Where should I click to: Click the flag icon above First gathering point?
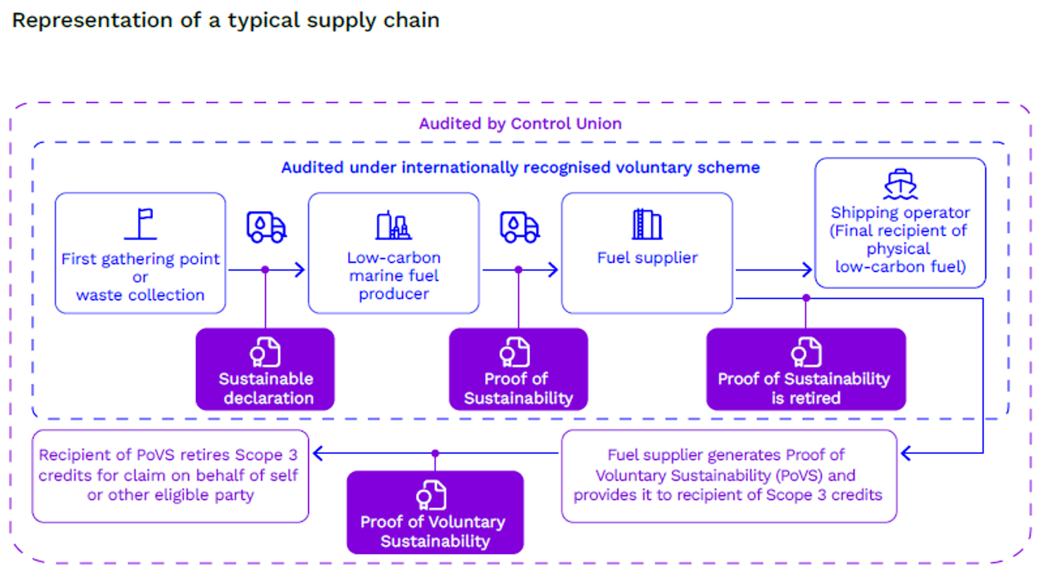click(140, 224)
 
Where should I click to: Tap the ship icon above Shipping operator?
click(900, 185)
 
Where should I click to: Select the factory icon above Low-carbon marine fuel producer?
click(393, 225)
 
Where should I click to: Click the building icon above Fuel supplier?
click(646, 224)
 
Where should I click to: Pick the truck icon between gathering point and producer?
click(266, 226)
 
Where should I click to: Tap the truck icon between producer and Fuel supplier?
click(520, 226)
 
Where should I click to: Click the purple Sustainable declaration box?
click(265, 369)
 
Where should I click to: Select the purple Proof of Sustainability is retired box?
click(806, 369)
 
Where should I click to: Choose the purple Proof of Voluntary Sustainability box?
click(435, 512)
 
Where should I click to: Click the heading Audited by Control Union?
click(520, 123)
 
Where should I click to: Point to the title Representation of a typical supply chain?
click(226, 20)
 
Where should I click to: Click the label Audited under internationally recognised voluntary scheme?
click(520, 167)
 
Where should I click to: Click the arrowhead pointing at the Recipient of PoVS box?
click(318, 454)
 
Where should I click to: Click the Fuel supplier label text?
click(647, 257)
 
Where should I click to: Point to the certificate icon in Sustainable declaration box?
click(265, 352)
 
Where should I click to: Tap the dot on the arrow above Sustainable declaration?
click(265, 269)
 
